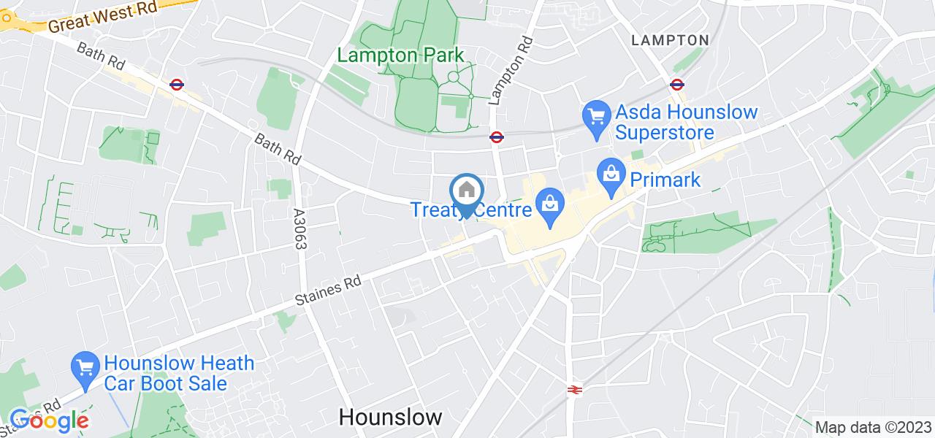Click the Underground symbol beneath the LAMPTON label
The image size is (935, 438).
(x=676, y=84)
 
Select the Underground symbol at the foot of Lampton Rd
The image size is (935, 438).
(x=496, y=136)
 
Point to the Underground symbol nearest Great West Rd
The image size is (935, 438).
(x=176, y=84)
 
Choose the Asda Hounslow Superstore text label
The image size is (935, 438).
(x=687, y=123)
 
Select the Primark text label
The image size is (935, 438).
(x=665, y=180)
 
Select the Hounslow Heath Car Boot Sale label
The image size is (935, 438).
(x=178, y=372)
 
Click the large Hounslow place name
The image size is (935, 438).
(x=391, y=417)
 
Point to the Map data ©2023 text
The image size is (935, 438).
(x=874, y=427)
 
